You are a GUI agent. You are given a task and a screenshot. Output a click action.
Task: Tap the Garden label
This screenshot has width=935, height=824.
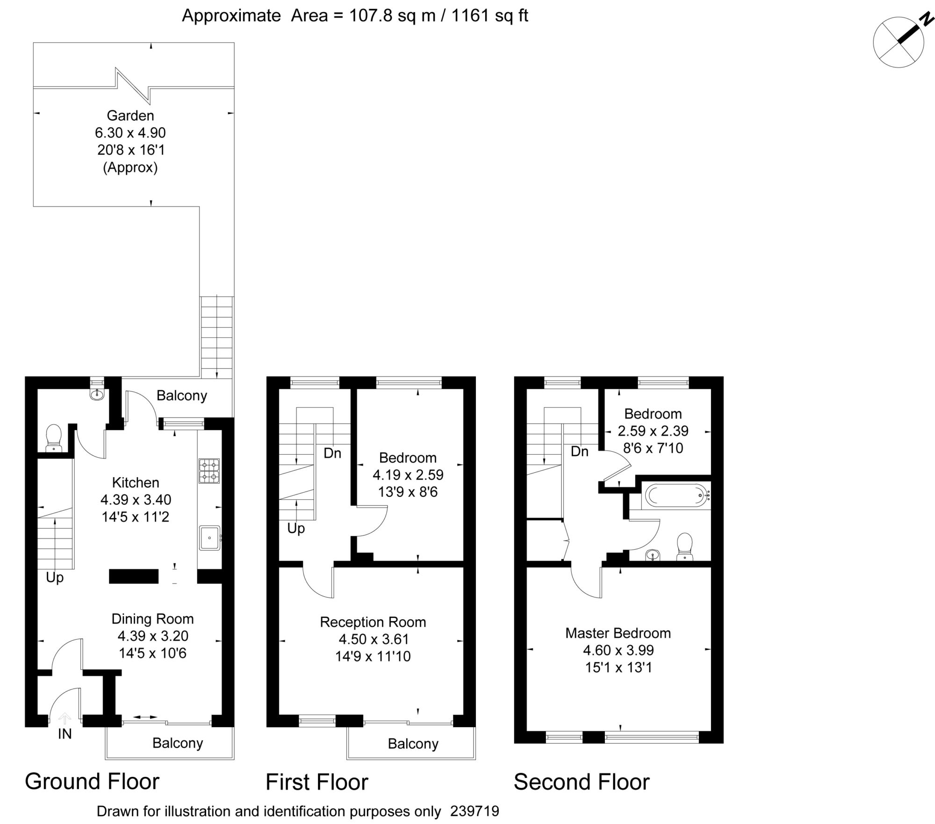(x=130, y=115)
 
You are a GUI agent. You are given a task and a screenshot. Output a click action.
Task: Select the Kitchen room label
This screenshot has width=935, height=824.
(x=136, y=482)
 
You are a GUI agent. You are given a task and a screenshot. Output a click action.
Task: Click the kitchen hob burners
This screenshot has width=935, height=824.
(x=209, y=471)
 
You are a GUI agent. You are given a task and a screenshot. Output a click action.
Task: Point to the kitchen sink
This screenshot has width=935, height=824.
(x=209, y=538)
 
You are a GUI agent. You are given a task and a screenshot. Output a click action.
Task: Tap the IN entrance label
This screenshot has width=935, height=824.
(x=65, y=734)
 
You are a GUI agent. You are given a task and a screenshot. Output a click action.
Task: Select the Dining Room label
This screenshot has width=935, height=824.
(x=152, y=619)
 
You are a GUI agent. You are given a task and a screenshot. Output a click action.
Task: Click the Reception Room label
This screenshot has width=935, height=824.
(x=373, y=622)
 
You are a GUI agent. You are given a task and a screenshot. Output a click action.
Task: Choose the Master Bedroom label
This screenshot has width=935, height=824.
(x=618, y=633)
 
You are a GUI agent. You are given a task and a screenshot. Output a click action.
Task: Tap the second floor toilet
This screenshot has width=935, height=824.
(x=685, y=546)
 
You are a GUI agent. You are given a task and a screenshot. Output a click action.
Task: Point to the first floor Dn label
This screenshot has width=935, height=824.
(x=332, y=453)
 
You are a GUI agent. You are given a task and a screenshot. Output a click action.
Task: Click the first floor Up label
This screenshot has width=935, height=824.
(x=296, y=529)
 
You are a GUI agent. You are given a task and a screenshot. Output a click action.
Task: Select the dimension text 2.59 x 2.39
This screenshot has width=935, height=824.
(x=653, y=431)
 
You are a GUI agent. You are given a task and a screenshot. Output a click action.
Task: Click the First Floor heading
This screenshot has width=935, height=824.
(x=317, y=782)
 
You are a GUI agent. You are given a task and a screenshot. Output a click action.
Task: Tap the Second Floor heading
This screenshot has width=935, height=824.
(x=582, y=782)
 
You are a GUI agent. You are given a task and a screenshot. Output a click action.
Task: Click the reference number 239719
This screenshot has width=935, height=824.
(x=475, y=811)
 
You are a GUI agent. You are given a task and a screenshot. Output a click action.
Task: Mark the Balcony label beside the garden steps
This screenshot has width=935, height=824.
(x=182, y=395)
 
